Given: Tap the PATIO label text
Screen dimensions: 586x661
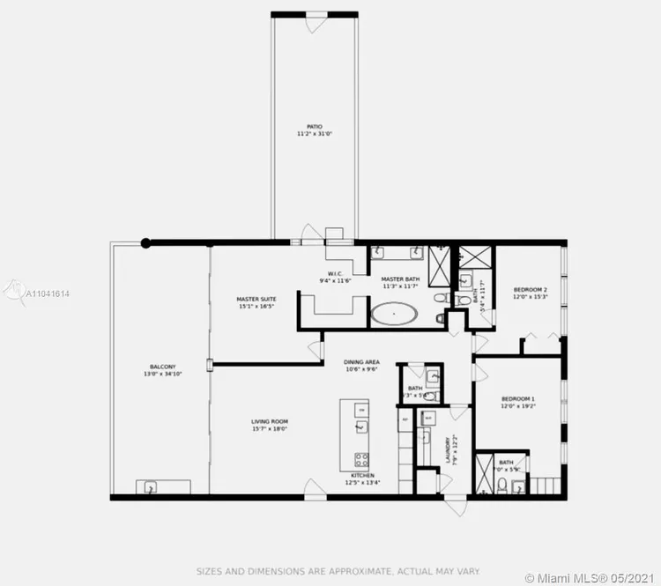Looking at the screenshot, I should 315,127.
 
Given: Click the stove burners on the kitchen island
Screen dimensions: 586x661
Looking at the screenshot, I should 360,458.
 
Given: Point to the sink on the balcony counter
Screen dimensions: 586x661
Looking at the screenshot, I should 151,486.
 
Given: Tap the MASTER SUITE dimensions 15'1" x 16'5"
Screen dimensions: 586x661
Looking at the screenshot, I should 256,307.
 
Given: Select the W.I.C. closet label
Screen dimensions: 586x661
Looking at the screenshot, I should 335,273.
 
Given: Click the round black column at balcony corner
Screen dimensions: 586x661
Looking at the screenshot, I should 146,242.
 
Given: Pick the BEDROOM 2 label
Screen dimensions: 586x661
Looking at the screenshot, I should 531,289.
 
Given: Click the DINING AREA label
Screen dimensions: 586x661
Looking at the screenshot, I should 361,361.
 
